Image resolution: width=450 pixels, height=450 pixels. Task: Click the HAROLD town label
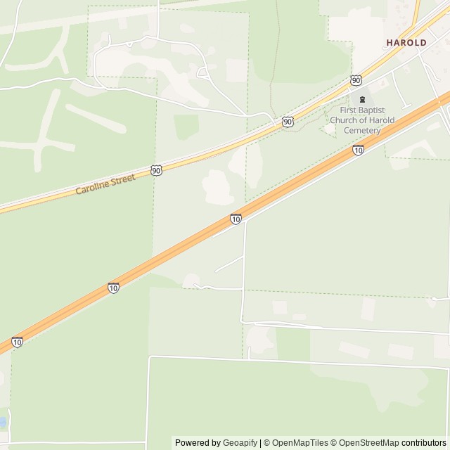[x=406, y=43]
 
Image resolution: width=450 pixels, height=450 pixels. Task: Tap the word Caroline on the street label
[x=94, y=188]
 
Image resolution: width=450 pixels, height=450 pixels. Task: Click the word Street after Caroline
[x=129, y=179]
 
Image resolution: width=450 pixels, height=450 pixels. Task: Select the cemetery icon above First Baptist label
[x=362, y=99]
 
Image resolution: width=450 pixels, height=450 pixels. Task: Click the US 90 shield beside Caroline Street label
[x=156, y=170]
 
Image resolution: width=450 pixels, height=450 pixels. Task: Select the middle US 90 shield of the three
[x=288, y=122]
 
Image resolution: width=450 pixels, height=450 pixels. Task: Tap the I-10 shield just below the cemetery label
[x=359, y=150]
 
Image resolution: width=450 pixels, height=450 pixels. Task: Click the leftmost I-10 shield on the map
[x=18, y=342]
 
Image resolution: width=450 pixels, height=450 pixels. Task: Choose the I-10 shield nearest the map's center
[x=236, y=219]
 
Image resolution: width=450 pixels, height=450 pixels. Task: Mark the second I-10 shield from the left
[x=114, y=288]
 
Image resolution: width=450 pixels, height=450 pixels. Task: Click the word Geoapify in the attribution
[x=240, y=443]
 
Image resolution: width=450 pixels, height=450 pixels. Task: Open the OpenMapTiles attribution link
[x=300, y=443]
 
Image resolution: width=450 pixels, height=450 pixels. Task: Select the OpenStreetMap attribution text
[x=366, y=443]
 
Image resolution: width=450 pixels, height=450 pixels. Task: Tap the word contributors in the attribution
[x=424, y=443]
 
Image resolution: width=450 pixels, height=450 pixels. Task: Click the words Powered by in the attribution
[x=198, y=443]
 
